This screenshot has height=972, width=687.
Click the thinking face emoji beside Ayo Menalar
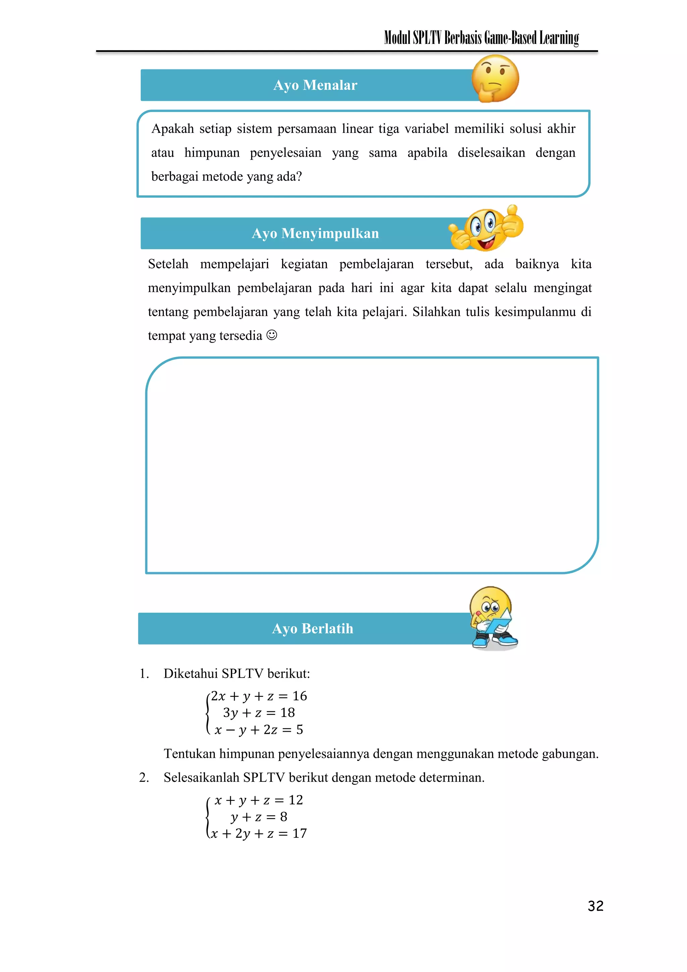pyautogui.click(x=495, y=78)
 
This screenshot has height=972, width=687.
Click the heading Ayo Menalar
pyautogui.click(x=315, y=85)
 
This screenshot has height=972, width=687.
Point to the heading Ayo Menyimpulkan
pyautogui.click(x=315, y=233)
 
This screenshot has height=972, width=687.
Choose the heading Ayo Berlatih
pyautogui.click(x=312, y=629)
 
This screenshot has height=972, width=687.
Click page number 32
pyautogui.click(x=595, y=906)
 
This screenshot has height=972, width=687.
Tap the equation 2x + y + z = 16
pyautogui.click(x=259, y=696)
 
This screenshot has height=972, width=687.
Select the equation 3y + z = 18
pyautogui.click(x=259, y=713)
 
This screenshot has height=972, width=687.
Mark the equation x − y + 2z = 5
pyautogui.click(x=259, y=729)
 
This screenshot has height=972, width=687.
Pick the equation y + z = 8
pyautogui.click(x=259, y=816)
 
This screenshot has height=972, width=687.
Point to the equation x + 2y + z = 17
pyautogui.click(x=259, y=833)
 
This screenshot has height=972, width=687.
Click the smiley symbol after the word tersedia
pyautogui.click(x=272, y=335)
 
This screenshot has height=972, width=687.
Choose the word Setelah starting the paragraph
pyautogui.click(x=168, y=264)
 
